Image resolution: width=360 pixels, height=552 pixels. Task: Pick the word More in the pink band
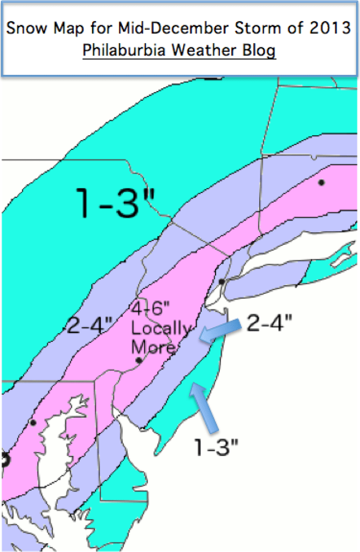pos(153,346)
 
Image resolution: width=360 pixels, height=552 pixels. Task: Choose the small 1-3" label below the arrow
pos(217,446)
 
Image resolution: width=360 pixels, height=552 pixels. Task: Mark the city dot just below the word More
pos(139,360)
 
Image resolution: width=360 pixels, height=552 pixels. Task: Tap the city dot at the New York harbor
pos(221,282)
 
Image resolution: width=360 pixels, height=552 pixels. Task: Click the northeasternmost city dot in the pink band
pos(321,182)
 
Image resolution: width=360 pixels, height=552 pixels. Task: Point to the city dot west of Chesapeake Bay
pos(33,423)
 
